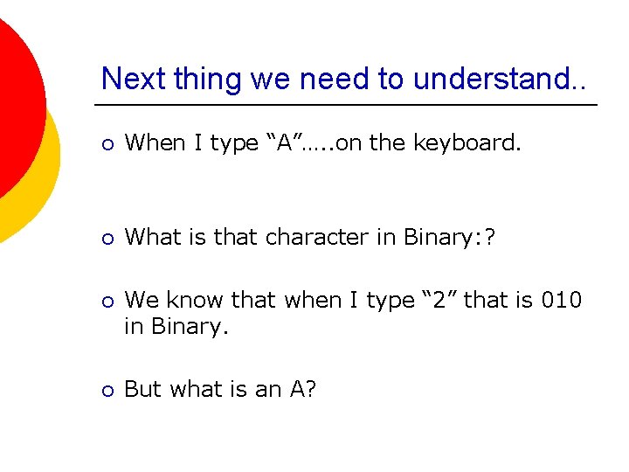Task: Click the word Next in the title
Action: [x=131, y=79]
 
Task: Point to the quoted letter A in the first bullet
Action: [x=284, y=142]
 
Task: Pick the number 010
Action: [x=562, y=300]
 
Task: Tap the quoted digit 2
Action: [x=439, y=300]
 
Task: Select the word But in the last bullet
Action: [x=142, y=389]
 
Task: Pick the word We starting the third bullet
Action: [x=141, y=300]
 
